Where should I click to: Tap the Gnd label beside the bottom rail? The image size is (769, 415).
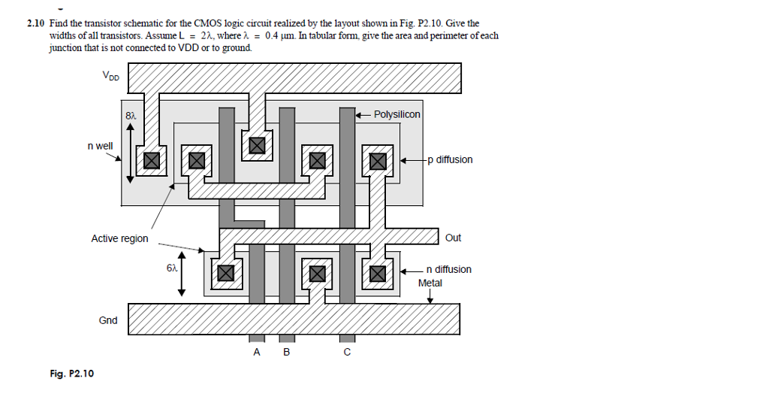108,320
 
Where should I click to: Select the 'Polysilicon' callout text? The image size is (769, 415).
397,114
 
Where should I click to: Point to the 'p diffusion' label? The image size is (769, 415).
450,160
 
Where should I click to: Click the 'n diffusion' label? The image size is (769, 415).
448,269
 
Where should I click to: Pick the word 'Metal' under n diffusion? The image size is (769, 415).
430,283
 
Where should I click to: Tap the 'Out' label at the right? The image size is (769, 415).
453,238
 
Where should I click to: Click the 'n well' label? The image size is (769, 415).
100,145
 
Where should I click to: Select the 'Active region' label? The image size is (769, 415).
119,238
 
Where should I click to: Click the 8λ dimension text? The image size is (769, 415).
131,116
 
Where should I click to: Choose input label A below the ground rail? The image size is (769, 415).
257,352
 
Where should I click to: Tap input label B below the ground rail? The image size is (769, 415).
286,352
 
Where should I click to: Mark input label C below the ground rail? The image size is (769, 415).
346,352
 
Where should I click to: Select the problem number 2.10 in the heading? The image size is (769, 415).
36,24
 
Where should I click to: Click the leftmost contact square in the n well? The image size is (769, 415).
151,160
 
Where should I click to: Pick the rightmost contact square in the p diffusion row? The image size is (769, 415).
377,160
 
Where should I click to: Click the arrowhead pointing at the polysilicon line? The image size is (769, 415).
359,114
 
